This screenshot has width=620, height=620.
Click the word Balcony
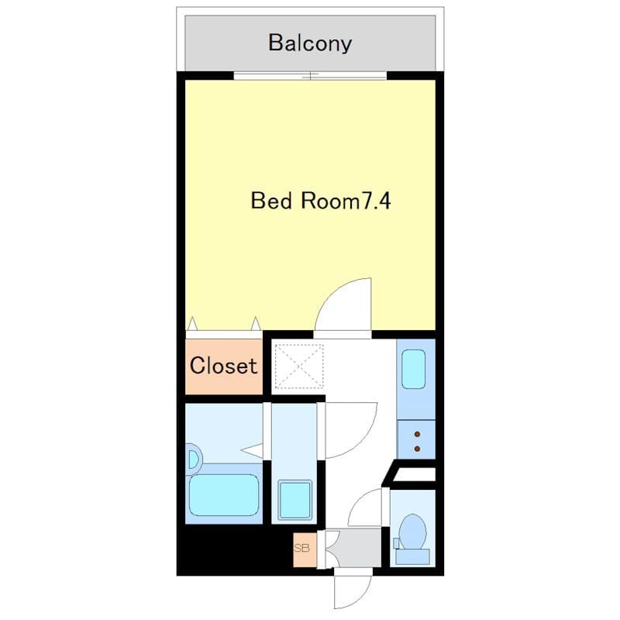(310, 42)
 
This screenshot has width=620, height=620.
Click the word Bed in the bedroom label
(270, 201)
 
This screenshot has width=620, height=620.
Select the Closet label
(223, 366)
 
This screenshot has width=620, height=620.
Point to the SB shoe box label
(302, 548)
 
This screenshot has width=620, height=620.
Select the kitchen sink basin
(415, 370)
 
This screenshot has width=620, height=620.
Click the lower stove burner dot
(418, 448)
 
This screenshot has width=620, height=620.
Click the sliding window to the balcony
(310, 76)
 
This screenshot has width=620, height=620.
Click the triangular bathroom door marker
(252, 449)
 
